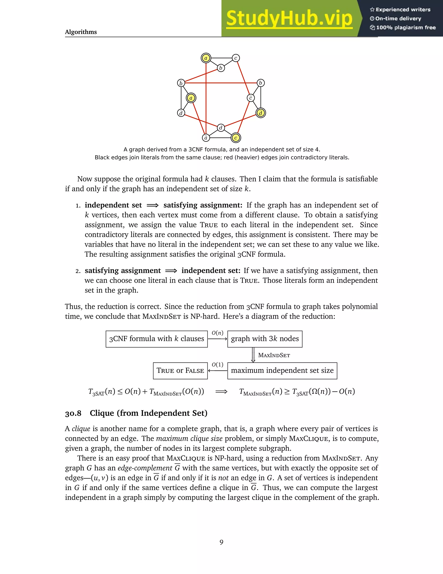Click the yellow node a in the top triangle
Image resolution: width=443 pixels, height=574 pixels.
point(206,58)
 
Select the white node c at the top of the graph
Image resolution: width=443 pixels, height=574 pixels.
point(236,58)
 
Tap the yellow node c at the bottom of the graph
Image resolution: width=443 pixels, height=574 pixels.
point(236,138)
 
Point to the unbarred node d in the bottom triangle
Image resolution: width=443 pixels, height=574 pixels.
point(221,128)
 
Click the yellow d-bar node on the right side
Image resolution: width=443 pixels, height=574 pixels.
point(260,113)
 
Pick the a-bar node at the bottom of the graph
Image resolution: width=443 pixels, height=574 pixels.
point(206,138)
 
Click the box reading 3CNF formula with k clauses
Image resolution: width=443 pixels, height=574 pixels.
point(156,339)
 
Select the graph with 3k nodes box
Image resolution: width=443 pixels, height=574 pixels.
point(265,339)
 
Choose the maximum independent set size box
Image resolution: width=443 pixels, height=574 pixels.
point(282,371)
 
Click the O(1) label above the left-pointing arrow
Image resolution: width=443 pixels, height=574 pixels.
point(217,365)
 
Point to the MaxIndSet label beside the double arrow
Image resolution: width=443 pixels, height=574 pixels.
point(274,355)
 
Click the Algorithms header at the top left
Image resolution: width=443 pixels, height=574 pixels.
point(81,32)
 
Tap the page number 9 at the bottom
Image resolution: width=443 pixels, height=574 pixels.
point(221,542)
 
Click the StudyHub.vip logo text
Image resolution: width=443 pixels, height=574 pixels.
point(289,18)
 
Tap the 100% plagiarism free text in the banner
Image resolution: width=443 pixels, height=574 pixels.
point(406,28)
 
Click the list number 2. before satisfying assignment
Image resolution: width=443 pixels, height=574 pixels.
point(78,271)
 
